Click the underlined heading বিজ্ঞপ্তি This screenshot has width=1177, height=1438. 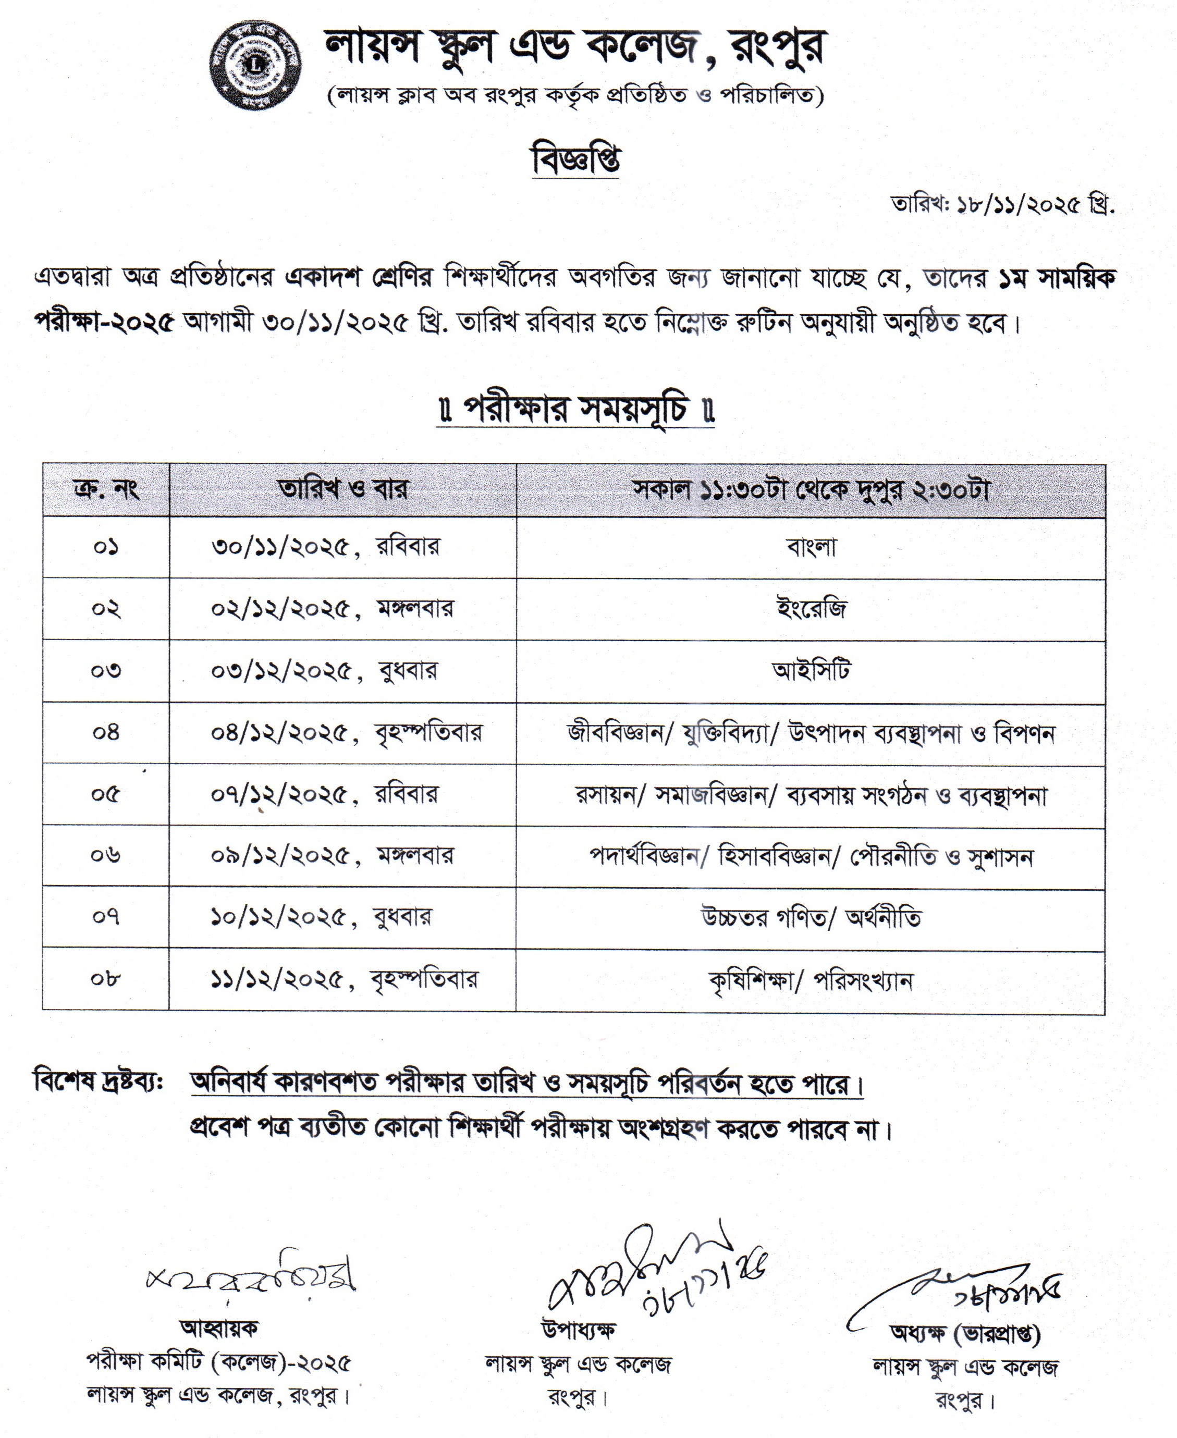tap(575, 161)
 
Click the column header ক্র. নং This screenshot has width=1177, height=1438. tap(106, 489)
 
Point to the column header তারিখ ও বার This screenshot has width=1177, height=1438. tap(343, 489)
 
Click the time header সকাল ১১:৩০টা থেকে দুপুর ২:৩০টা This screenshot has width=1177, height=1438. tap(811, 489)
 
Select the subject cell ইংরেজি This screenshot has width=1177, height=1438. tap(811, 608)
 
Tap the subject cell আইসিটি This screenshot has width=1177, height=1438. tap(811, 670)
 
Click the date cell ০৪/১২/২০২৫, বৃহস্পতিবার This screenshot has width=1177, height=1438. tap(346, 732)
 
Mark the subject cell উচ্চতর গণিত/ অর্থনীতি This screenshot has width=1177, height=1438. tap(811, 918)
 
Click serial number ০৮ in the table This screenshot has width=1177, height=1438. tap(106, 979)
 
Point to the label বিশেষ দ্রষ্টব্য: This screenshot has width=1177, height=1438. tap(99, 1080)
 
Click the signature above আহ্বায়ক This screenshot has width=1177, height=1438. tap(251, 1277)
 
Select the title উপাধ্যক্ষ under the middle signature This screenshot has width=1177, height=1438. tap(578, 1330)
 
